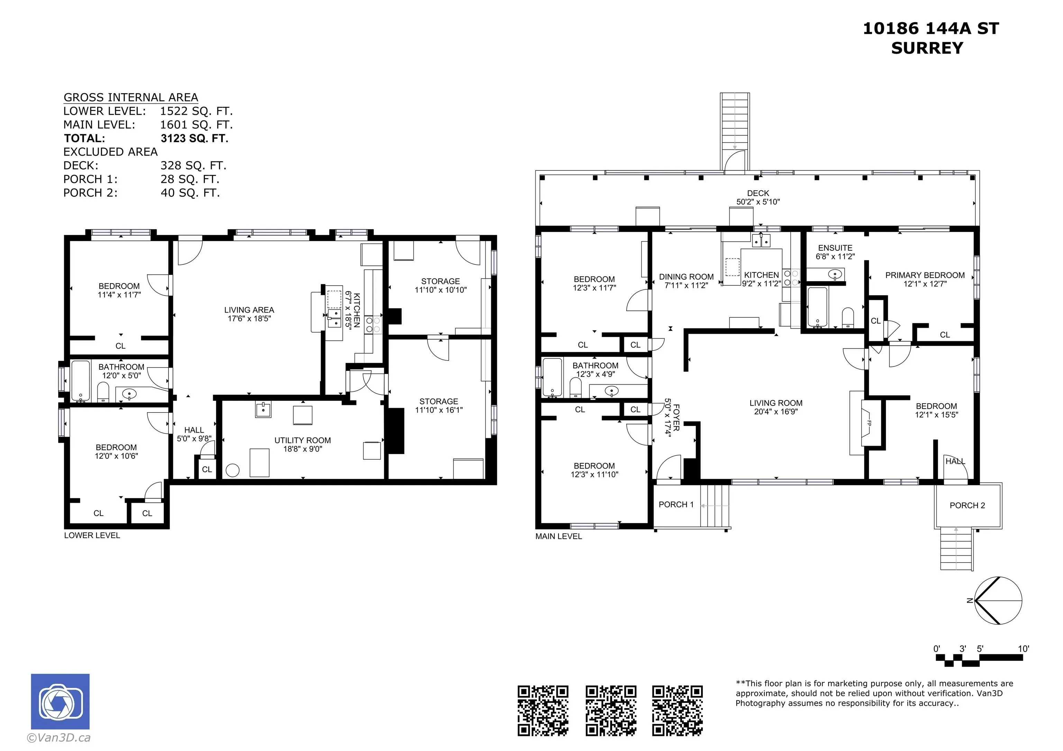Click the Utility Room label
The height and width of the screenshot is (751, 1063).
click(302, 440)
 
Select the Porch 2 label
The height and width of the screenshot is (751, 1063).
click(967, 505)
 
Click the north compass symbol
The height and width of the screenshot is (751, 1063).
click(998, 601)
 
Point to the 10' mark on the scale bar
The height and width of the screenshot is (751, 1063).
click(1023, 648)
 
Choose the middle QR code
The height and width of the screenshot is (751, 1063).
click(611, 710)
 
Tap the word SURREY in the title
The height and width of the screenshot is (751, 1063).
click(927, 48)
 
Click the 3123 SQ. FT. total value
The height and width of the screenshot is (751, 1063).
click(194, 138)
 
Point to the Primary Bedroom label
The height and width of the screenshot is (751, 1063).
click(925, 275)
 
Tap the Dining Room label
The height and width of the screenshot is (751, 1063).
click(686, 277)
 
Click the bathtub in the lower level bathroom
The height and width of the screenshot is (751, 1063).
click(81, 381)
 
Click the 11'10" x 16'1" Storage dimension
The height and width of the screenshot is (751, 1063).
click(438, 410)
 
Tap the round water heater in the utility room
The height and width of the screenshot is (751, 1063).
click(232, 471)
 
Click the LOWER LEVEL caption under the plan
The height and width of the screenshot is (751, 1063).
click(92, 535)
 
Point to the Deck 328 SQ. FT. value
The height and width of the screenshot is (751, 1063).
click(193, 166)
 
